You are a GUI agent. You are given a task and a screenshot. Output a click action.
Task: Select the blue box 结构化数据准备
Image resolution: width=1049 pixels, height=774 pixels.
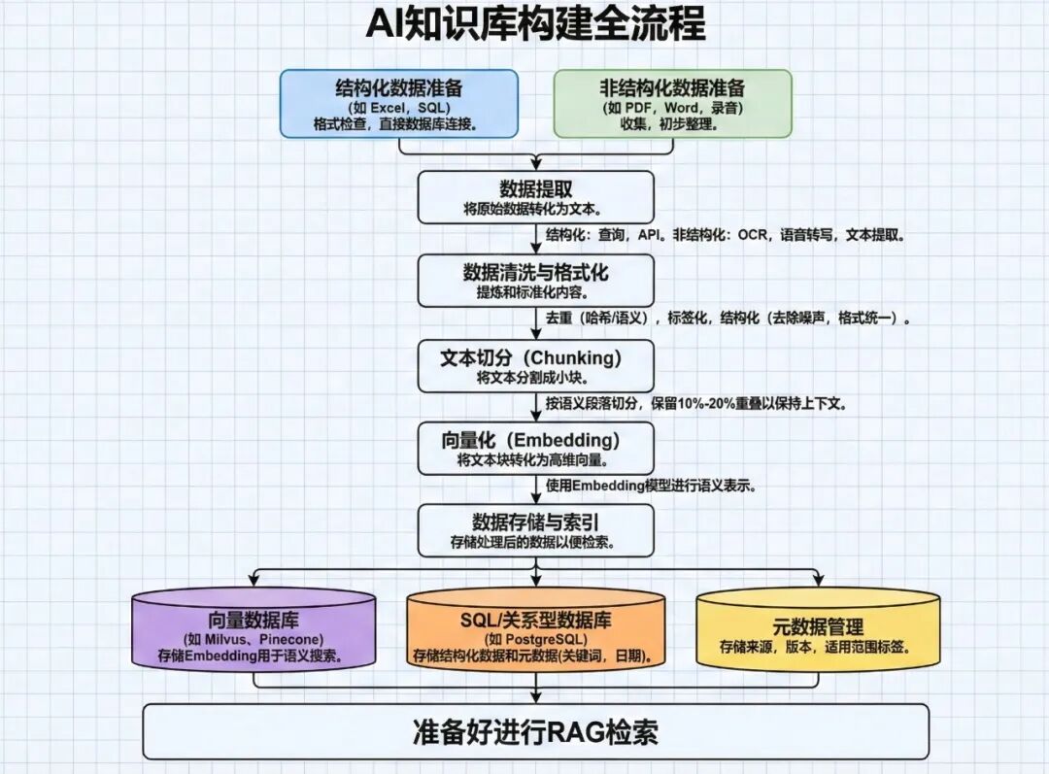point(399,103)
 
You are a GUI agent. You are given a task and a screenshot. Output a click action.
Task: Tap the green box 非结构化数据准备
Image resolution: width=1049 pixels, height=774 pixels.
point(672,103)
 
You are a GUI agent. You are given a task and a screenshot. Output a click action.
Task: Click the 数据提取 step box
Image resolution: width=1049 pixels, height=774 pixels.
point(535,197)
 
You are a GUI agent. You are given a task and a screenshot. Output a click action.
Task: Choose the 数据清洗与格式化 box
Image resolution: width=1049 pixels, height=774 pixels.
point(535,281)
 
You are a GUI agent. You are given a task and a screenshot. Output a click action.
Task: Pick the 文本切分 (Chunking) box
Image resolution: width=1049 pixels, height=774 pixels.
point(535,365)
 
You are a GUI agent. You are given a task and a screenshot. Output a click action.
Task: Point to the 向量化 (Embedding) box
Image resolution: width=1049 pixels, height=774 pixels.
point(535,449)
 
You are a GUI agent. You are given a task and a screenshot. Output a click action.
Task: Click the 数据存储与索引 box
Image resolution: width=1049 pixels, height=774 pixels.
point(535,530)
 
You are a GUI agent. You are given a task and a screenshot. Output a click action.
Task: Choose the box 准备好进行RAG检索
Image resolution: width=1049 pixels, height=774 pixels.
point(535,731)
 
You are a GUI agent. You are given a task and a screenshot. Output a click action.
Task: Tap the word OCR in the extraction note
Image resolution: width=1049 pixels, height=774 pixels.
point(754,235)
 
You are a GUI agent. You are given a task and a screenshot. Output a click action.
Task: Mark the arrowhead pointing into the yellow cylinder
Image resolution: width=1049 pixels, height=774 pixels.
point(818,582)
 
